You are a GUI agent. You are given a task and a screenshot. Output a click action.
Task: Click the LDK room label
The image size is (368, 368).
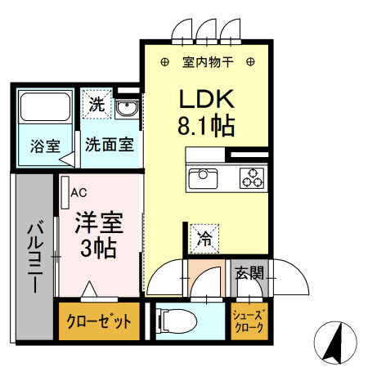[208, 99]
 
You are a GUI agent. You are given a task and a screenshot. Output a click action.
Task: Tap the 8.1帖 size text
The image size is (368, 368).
[208, 127]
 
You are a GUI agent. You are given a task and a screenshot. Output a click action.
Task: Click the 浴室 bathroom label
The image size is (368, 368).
[45, 147]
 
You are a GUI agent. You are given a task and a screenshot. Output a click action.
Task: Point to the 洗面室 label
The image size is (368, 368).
[109, 147]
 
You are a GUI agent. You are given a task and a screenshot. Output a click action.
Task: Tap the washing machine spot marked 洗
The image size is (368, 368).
[96, 105]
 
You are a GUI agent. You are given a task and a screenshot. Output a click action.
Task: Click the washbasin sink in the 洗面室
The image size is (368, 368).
[127, 110]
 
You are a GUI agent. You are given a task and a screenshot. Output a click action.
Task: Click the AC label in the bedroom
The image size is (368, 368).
[79, 193]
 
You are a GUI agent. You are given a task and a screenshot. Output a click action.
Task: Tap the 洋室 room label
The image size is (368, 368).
[100, 221]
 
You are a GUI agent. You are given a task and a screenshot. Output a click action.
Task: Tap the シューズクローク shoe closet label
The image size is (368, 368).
[249, 321]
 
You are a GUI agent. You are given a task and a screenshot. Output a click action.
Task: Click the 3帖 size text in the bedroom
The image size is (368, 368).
[100, 248]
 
